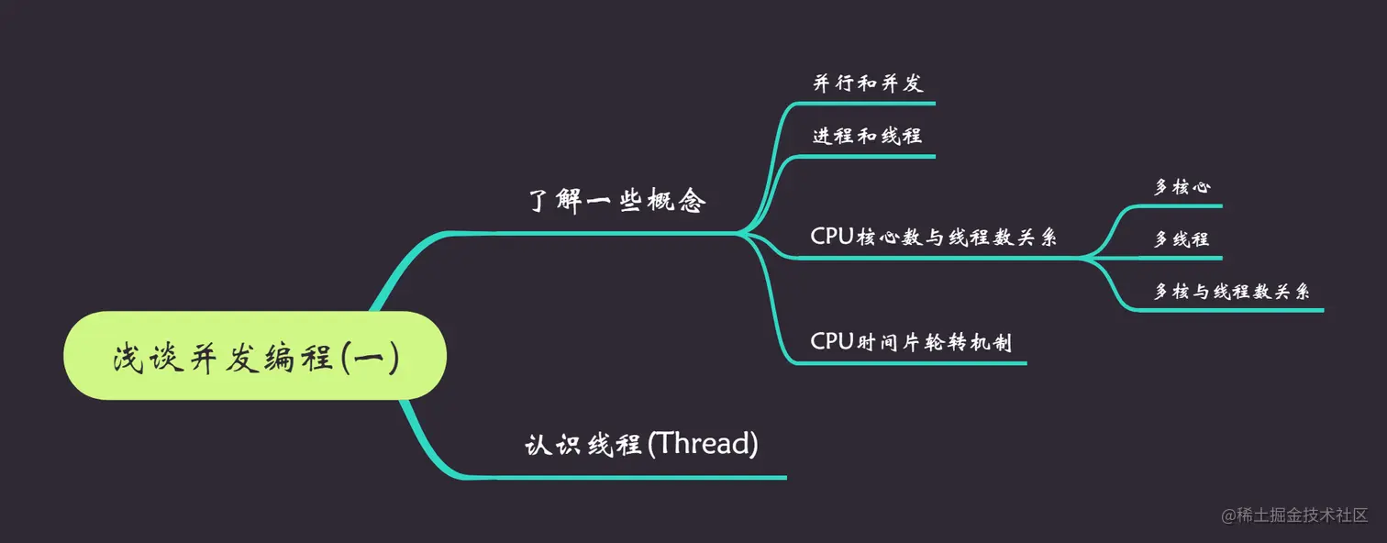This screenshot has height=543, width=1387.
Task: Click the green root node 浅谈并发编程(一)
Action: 255,356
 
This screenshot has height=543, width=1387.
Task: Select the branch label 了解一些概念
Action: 617,201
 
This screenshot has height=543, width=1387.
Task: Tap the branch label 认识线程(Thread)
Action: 641,445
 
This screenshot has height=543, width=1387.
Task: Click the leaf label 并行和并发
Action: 867,83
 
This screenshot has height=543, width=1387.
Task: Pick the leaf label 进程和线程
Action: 867,136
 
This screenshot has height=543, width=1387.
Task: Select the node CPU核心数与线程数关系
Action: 934,237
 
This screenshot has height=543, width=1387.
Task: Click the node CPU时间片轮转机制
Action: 911,342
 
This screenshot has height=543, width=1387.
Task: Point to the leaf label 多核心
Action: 1182,187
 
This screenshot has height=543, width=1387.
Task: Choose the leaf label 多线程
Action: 1182,239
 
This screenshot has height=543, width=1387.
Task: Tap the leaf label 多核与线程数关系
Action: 1231,292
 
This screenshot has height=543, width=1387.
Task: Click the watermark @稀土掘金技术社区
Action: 1294,515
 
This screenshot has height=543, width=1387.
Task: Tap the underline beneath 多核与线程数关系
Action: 1229,310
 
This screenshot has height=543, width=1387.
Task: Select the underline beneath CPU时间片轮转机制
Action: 908,363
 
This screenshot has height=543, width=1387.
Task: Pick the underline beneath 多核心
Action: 1183,206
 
